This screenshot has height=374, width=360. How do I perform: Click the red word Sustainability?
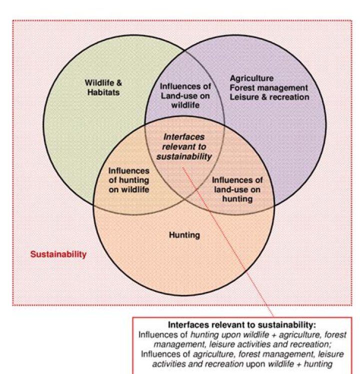[x=58, y=254]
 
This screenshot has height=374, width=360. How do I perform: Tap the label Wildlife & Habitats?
[x=102, y=87]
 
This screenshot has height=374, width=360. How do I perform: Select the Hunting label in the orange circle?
[x=184, y=235]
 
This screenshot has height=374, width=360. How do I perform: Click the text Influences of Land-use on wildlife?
[x=185, y=96]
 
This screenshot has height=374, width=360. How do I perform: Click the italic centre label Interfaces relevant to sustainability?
[x=184, y=146]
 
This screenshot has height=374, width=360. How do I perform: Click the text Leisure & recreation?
[x=269, y=96]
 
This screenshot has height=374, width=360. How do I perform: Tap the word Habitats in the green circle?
[x=102, y=92]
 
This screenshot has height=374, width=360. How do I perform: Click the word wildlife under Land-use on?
[x=185, y=105]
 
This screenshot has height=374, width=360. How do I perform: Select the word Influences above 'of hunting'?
[x=128, y=170]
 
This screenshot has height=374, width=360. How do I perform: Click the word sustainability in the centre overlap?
[x=184, y=156]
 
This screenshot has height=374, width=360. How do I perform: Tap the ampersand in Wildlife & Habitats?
[x=118, y=83]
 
